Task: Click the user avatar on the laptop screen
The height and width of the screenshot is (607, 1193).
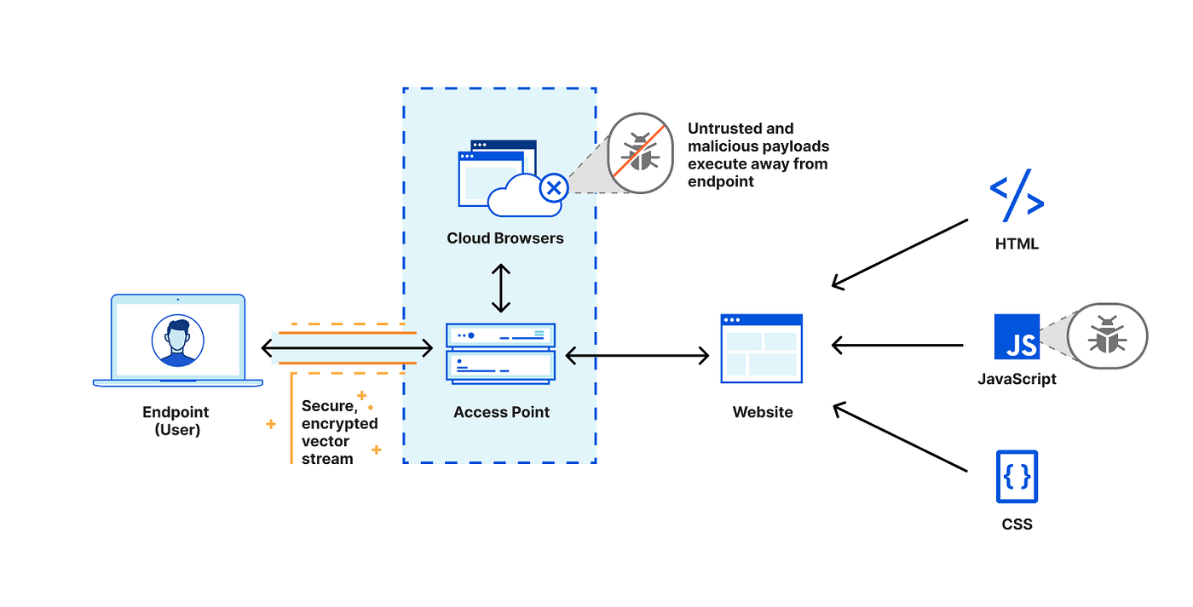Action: pyautogui.click(x=178, y=341)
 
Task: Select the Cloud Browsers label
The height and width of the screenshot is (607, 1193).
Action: pyautogui.click(x=504, y=238)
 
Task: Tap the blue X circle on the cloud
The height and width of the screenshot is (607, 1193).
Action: pyautogui.click(x=554, y=188)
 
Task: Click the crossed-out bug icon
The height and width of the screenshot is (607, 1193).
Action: pyautogui.click(x=640, y=152)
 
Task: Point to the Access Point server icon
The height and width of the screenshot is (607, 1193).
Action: pyautogui.click(x=501, y=354)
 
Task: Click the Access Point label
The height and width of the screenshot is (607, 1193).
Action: pyautogui.click(x=501, y=412)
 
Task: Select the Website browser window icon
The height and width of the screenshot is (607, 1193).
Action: pyautogui.click(x=762, y=348)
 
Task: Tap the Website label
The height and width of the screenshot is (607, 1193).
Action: pyautogui.click(x=762, y=412)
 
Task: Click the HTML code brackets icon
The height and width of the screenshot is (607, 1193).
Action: pyautogui.click(x=1017, y=195)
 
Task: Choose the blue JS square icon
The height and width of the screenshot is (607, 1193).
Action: pyautogui.click(x=1017, y=337)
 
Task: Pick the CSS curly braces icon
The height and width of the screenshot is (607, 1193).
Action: pyautogui.click(x=1017, y=477)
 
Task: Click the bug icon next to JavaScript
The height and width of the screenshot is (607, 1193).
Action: pyautogui.click(x=1107, y=335)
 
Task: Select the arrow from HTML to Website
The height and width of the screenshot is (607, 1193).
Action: pyautogui.click(x=900, y=255)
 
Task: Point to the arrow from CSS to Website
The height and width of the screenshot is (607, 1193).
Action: pyautogui.click(x=900, y=436)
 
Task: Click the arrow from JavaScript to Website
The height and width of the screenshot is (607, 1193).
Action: pyautogui.click(x=897, y=346)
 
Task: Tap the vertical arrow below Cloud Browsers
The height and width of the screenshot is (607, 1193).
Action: pyautogui.click(x=501, y=288)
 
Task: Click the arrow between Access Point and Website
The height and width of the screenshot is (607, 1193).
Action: pyautogui.click(x=637, y=355)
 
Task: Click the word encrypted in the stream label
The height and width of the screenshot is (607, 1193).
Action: pyautogui.click(x=340, y=424)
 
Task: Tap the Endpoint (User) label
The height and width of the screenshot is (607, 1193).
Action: pyautogui.click(x=176, y=421)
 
